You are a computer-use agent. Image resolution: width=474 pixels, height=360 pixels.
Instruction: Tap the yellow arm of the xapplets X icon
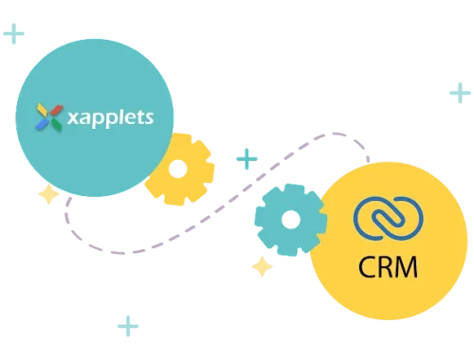pos(41,109)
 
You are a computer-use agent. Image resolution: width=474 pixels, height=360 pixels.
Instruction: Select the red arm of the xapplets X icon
pos(55,109)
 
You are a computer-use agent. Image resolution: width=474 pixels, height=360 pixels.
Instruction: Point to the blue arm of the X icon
pos(42,124)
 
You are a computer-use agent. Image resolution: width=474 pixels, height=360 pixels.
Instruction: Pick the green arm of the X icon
pos(55,124)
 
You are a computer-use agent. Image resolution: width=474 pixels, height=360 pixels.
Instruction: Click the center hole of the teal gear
pos(289,221)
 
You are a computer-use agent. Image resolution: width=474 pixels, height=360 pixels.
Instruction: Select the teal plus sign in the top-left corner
pos(15,35)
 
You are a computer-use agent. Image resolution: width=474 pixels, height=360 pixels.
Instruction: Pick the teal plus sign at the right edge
pos(460,92)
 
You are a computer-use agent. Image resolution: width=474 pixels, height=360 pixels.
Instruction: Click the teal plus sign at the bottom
pos(127,328)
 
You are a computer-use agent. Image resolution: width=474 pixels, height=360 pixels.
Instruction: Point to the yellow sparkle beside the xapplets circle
pos(46,196)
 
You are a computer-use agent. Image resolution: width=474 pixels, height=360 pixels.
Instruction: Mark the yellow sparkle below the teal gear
pos(262,267)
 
